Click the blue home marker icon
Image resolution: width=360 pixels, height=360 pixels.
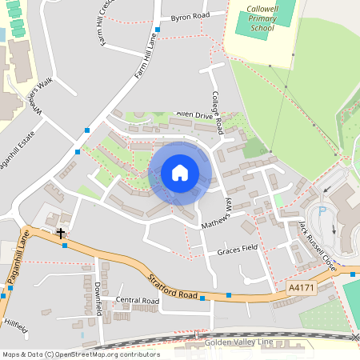(x=180, y=172)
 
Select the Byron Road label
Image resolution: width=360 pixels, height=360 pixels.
(x=190, y=16)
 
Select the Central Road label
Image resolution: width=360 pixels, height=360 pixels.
(x=137, y=301)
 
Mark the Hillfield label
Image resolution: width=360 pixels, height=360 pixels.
(x=16, y=326)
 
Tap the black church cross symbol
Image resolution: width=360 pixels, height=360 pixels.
(x=61, y=233)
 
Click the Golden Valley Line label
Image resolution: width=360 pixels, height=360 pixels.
(x=238, y=342)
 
